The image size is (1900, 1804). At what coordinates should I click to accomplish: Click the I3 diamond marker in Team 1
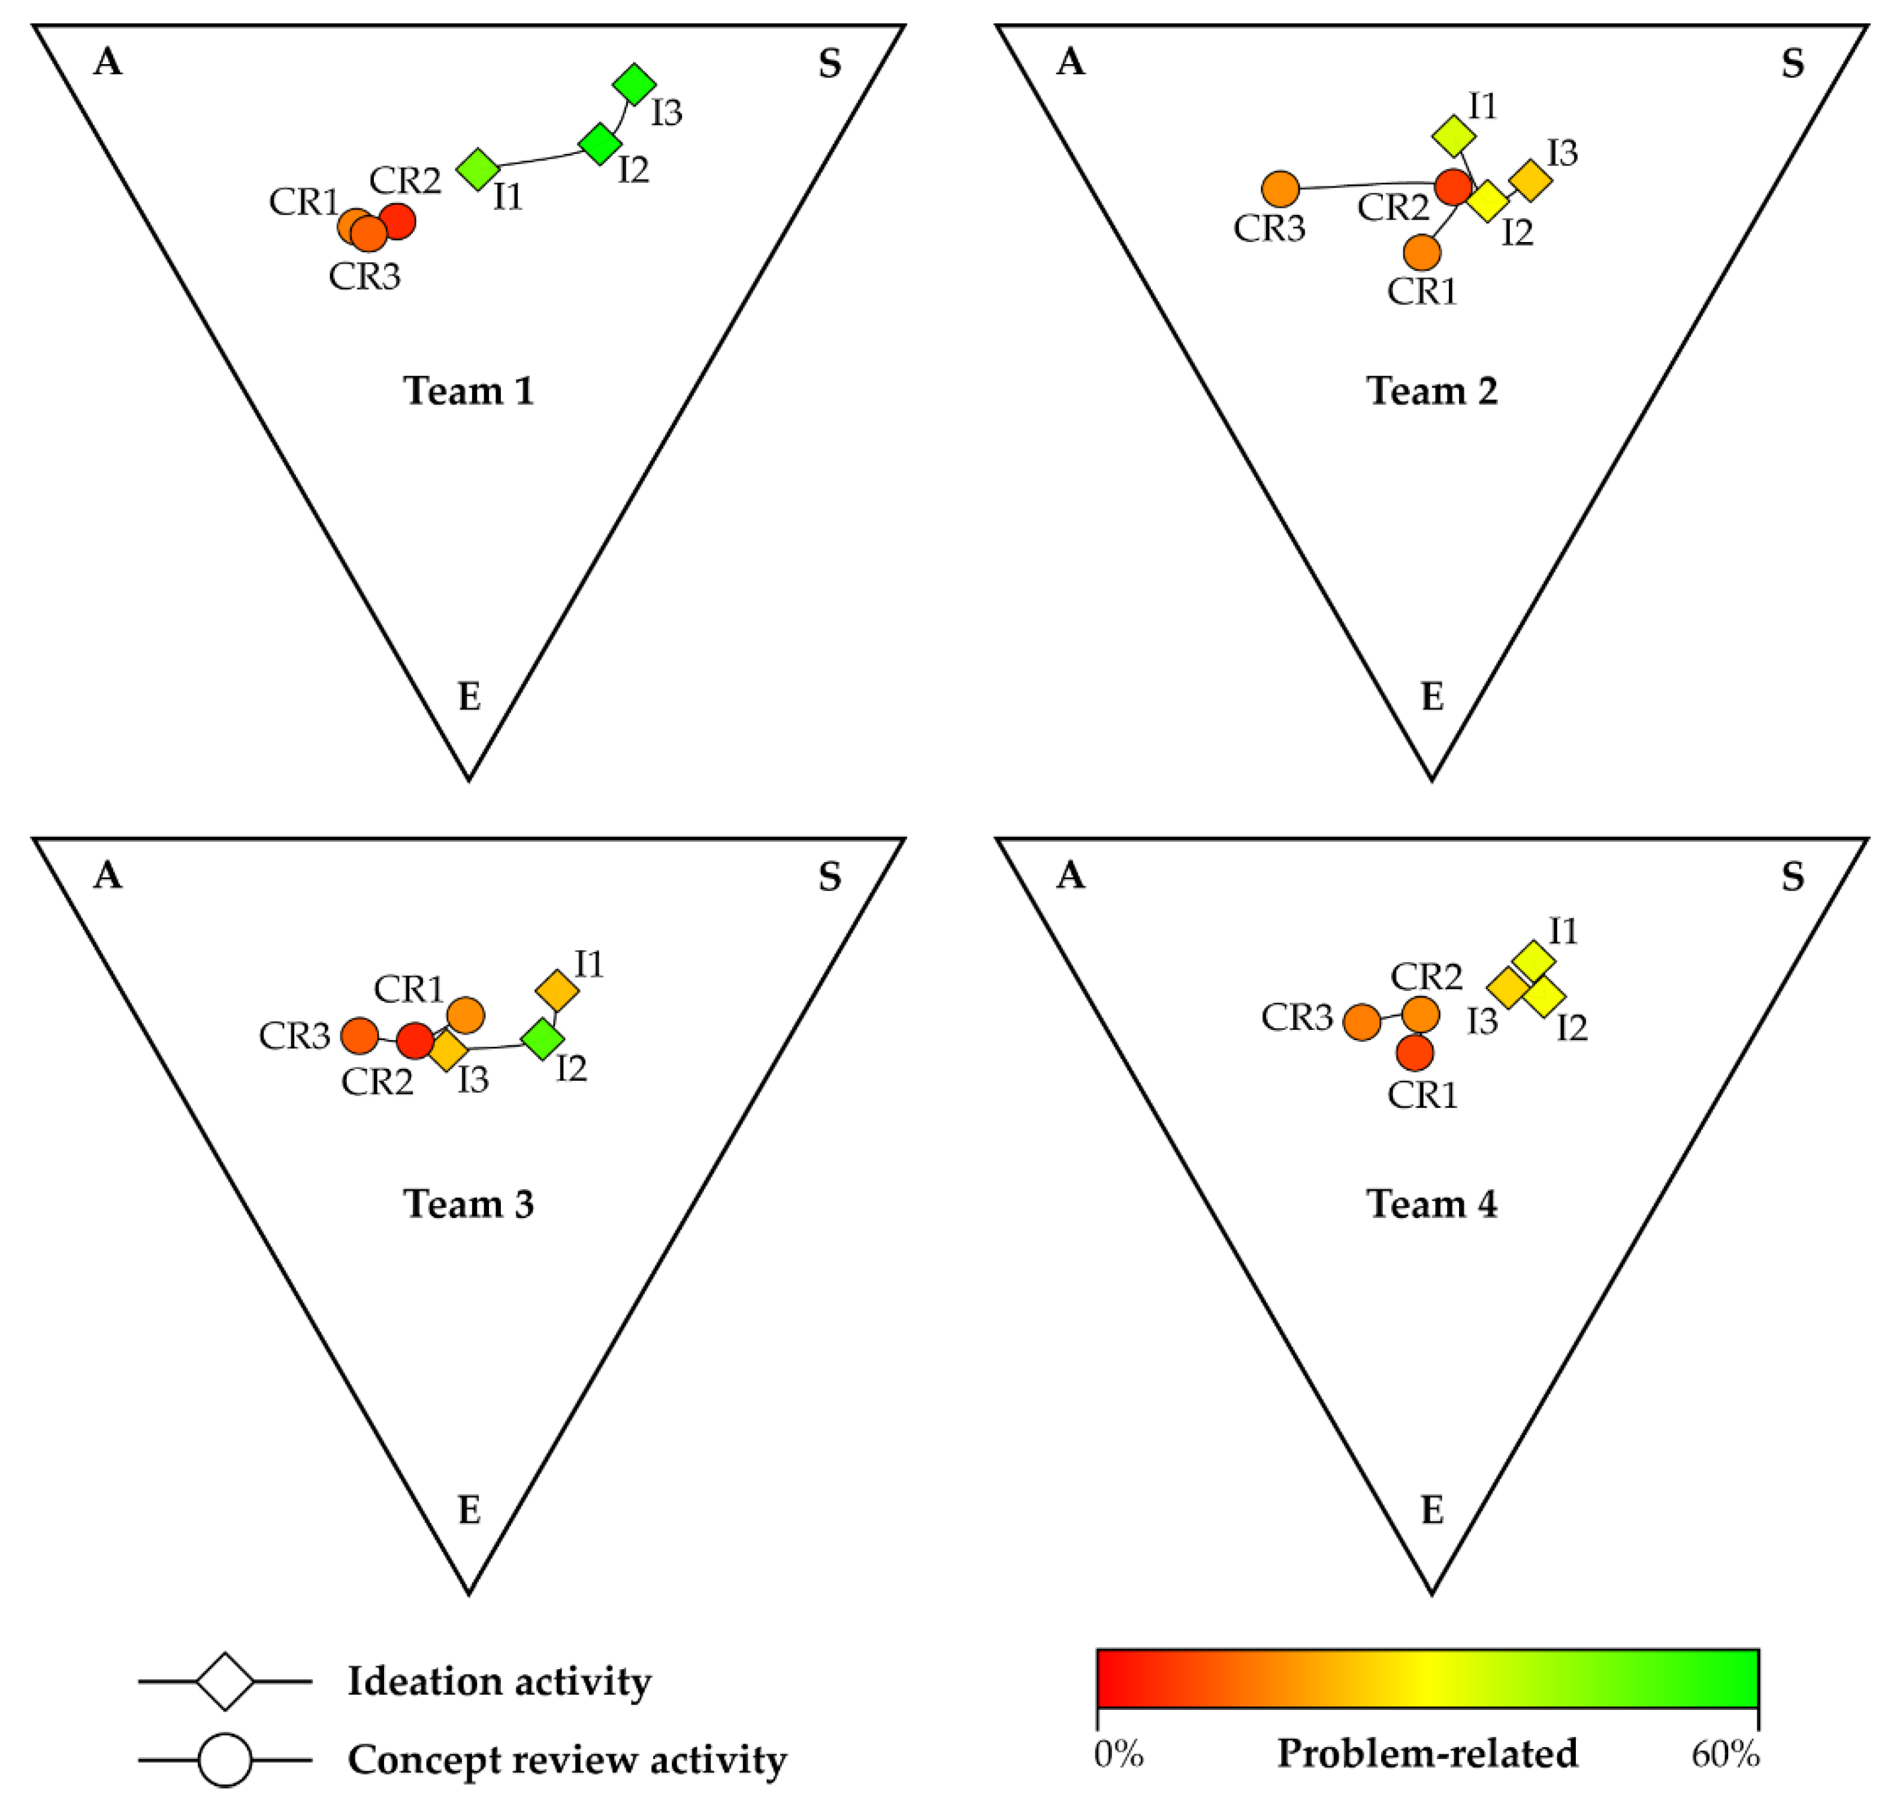point(634,84)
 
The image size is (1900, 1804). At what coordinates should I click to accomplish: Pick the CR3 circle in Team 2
point(1280,189)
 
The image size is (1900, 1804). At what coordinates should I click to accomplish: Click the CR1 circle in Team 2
point(1421,253)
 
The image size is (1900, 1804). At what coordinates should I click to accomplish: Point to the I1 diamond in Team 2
point(1453,137)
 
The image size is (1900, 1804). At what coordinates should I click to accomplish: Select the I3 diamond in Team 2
point(1530,180)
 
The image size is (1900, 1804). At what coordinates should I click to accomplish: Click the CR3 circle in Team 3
point(360,1036)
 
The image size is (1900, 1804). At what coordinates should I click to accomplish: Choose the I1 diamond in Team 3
point(557,990)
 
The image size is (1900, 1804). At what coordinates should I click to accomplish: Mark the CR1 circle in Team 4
point(1415,1053)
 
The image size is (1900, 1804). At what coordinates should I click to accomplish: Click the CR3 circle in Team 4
point(1361,1022)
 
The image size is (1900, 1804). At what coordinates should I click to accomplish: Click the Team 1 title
point(469,391)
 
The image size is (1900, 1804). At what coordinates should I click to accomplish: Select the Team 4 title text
point(1431,1204)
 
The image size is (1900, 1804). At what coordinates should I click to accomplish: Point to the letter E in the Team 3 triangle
point(469,1510)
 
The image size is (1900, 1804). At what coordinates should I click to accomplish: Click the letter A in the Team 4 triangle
point(1070,875)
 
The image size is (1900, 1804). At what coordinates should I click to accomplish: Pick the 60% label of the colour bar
point(1725,1755)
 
